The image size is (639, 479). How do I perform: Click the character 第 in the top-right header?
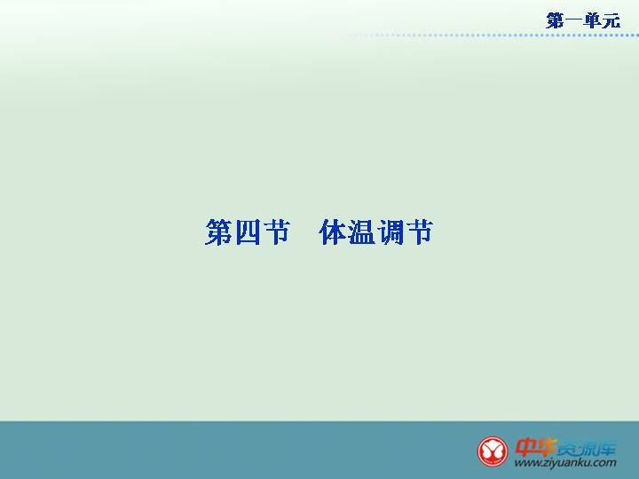tap(555, 20)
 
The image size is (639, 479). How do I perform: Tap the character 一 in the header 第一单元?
tap(574, 20)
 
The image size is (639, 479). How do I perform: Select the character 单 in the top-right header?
tap(592, 20)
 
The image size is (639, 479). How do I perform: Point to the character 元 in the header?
tap(611, 20)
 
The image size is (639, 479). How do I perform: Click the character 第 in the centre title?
tap(219, 232)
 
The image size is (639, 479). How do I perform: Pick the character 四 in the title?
tap(248, 232)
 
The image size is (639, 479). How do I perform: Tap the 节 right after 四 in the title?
tap(277, 232)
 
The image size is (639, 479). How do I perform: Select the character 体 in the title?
tap(333, 232)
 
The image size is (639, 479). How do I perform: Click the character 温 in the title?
tap(361, 232)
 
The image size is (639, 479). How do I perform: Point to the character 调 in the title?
tap(390, 232)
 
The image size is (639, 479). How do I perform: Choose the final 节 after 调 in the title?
tap(419, 232)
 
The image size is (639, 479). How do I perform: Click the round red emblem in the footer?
tap(493, 452)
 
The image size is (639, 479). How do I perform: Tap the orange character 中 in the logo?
tap(525, 447)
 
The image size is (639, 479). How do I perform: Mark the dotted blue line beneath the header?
tap(495, 35)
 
